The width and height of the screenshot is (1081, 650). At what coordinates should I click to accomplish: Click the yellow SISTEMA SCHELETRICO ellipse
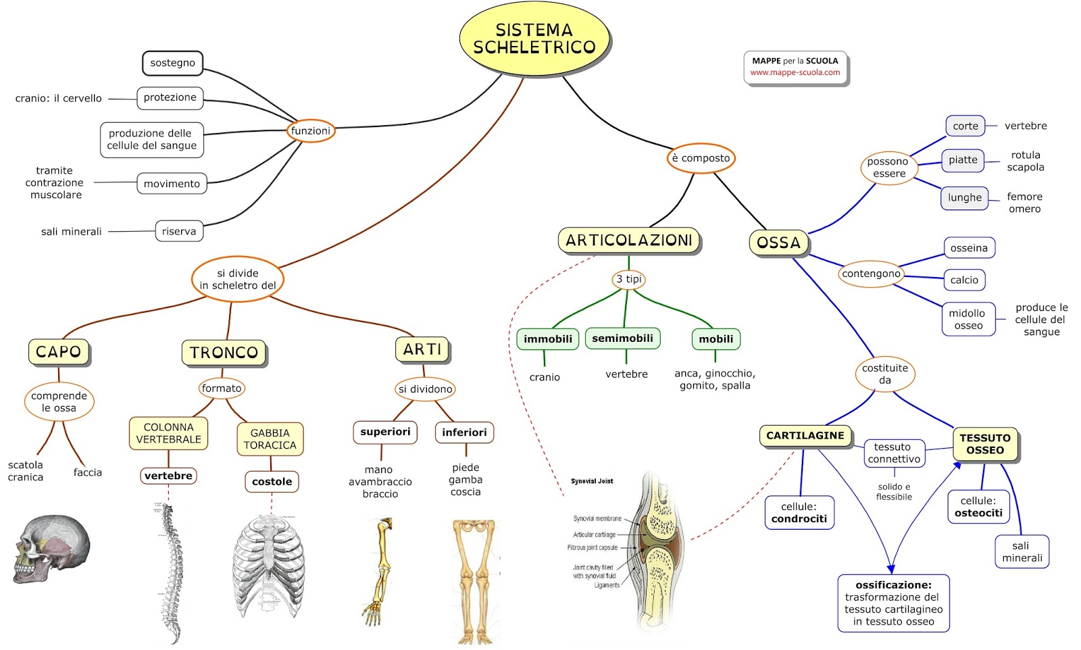point(534,39)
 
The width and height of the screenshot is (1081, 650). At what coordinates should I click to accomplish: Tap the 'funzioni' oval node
point(311,130)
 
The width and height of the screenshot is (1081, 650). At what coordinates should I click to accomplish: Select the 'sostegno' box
point(172,63)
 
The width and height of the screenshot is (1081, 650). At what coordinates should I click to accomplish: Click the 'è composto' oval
point(701,158)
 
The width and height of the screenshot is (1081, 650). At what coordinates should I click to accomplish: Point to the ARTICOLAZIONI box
point(628,241)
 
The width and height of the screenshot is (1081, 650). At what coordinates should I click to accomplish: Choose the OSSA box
point(778,243)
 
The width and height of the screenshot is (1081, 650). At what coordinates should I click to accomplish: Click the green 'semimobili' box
point(622,339)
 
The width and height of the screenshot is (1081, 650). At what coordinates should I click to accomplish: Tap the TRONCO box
point(224,353)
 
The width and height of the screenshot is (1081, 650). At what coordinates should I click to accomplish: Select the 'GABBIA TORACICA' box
point(270,439)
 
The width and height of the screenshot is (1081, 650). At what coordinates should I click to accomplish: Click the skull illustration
point(51,547)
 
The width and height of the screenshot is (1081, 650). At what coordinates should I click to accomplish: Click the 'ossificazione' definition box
point(893,603)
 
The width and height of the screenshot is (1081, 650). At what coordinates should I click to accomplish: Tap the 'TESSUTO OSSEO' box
point(984,444)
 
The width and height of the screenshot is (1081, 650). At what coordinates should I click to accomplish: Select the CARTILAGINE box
point(805,436)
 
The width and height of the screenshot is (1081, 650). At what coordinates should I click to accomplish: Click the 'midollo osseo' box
point(968,320)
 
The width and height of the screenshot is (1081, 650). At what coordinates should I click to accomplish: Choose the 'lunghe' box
point(964,198)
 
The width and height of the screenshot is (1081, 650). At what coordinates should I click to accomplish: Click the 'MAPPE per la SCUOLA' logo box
point(795,67)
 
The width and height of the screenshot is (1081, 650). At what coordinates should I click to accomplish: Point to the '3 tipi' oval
point(629,279)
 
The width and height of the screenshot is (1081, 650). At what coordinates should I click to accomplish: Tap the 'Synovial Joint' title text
point(592,481)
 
